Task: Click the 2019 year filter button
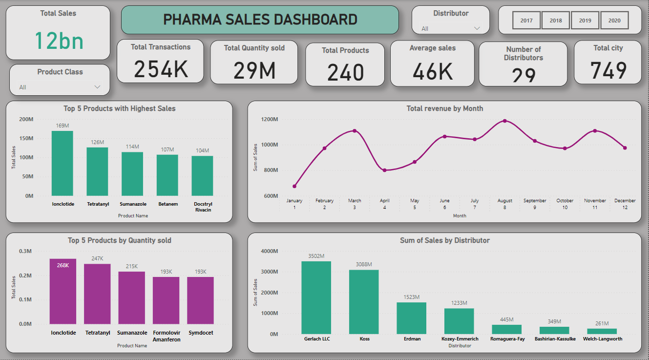click(585, 21)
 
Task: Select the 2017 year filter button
click(526, 21)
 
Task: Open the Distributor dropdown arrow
click(477, 28)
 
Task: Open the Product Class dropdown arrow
click(97, 87)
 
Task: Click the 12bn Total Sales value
click(59, 41)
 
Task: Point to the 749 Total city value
click(608, 70)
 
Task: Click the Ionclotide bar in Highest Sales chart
click(63, 163)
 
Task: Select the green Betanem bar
click(167, 175)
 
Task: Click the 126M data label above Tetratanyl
click(97, 142)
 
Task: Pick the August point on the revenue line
click(505, 121)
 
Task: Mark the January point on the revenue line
click(294, 186)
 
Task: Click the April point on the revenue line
click(385, 170)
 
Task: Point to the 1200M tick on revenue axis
click(270, 119)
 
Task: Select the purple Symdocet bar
click(200, 300)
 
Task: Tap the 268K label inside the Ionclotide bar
click(63, 265)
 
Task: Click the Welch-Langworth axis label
click(603, 339)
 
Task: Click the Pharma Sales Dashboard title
click(260, 20)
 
